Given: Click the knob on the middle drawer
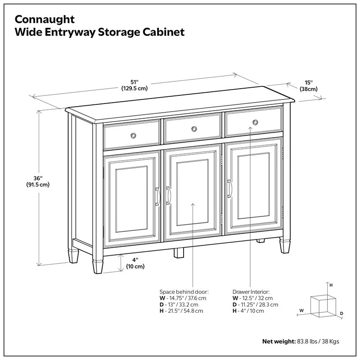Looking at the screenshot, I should coord(194,129).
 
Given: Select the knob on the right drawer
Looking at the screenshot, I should coord(255,122).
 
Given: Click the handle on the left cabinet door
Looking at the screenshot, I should coord(157,197).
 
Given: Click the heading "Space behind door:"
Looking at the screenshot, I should coord(184,291).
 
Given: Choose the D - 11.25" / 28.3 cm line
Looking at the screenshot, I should coord(256,304).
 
